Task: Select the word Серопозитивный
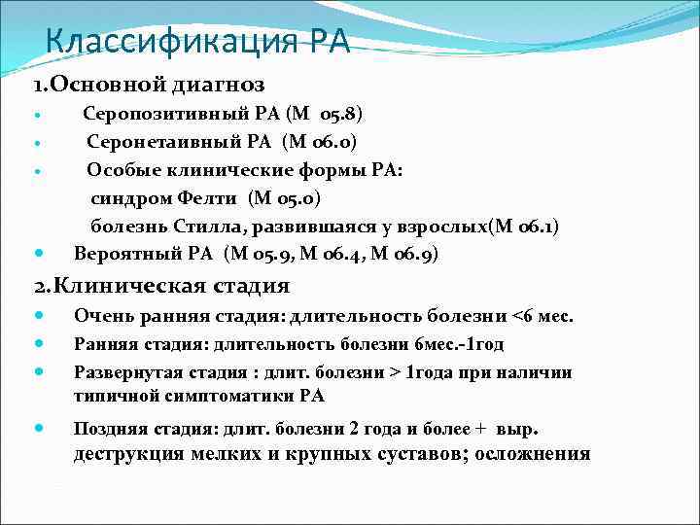[160, 115]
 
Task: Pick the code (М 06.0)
[320, 143]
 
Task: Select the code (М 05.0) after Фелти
[285, 199]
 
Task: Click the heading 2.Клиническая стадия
[161, 286]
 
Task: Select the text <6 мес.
[543, 317]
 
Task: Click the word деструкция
[137, 454]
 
